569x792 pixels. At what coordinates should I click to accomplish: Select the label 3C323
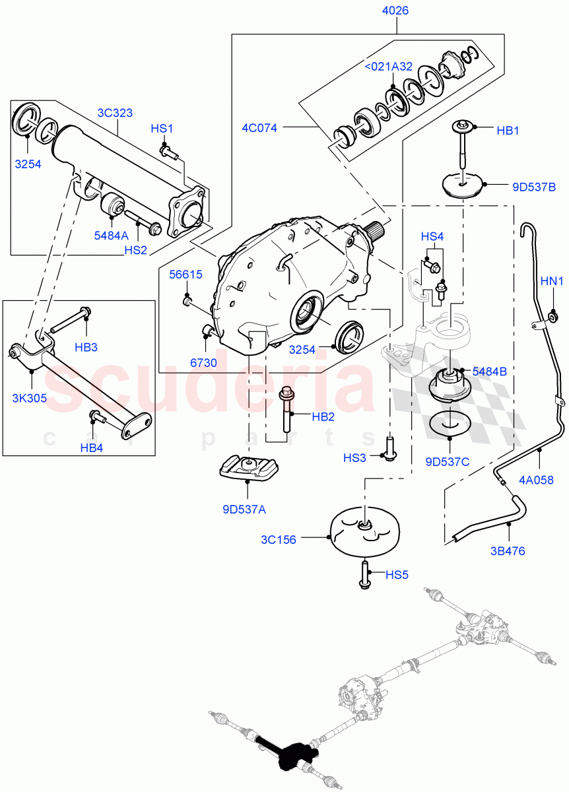116,113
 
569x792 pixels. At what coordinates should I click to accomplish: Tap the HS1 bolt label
162,129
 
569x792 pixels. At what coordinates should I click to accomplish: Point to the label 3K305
30,398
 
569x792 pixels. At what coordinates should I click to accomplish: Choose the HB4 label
92,448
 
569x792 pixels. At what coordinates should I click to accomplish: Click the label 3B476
509,550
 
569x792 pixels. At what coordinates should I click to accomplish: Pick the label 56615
186,275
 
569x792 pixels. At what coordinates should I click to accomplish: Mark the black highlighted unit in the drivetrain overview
289,754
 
